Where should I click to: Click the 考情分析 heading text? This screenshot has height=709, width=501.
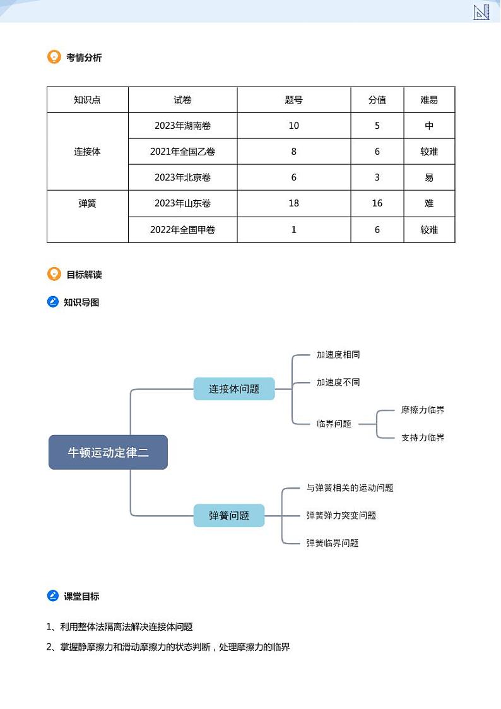84,57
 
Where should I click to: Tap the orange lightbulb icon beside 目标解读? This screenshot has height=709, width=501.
54,274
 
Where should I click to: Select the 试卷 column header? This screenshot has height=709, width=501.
182,100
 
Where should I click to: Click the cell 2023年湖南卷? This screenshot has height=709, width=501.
182,126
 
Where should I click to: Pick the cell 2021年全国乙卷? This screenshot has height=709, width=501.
182,152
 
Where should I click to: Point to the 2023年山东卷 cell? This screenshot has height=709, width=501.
182,203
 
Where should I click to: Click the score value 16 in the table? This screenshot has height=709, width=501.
377,203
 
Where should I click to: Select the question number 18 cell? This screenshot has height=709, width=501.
293,203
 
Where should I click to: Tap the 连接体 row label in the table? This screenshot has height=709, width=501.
87,152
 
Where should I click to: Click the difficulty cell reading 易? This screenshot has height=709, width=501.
429,177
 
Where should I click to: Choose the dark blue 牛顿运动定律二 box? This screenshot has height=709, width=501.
108,452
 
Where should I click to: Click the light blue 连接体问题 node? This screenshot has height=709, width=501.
234,389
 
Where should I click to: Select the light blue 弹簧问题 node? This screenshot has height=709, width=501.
229,515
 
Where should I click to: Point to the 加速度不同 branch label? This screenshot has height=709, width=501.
338,383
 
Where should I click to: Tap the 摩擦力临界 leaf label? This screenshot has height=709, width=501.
423,410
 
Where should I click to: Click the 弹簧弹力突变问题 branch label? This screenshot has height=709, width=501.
341,515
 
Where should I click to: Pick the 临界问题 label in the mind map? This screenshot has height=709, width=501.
334,424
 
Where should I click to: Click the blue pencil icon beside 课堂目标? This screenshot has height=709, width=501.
53,596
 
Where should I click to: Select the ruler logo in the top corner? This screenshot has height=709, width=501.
481,12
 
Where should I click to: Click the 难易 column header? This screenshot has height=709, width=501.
429,100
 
